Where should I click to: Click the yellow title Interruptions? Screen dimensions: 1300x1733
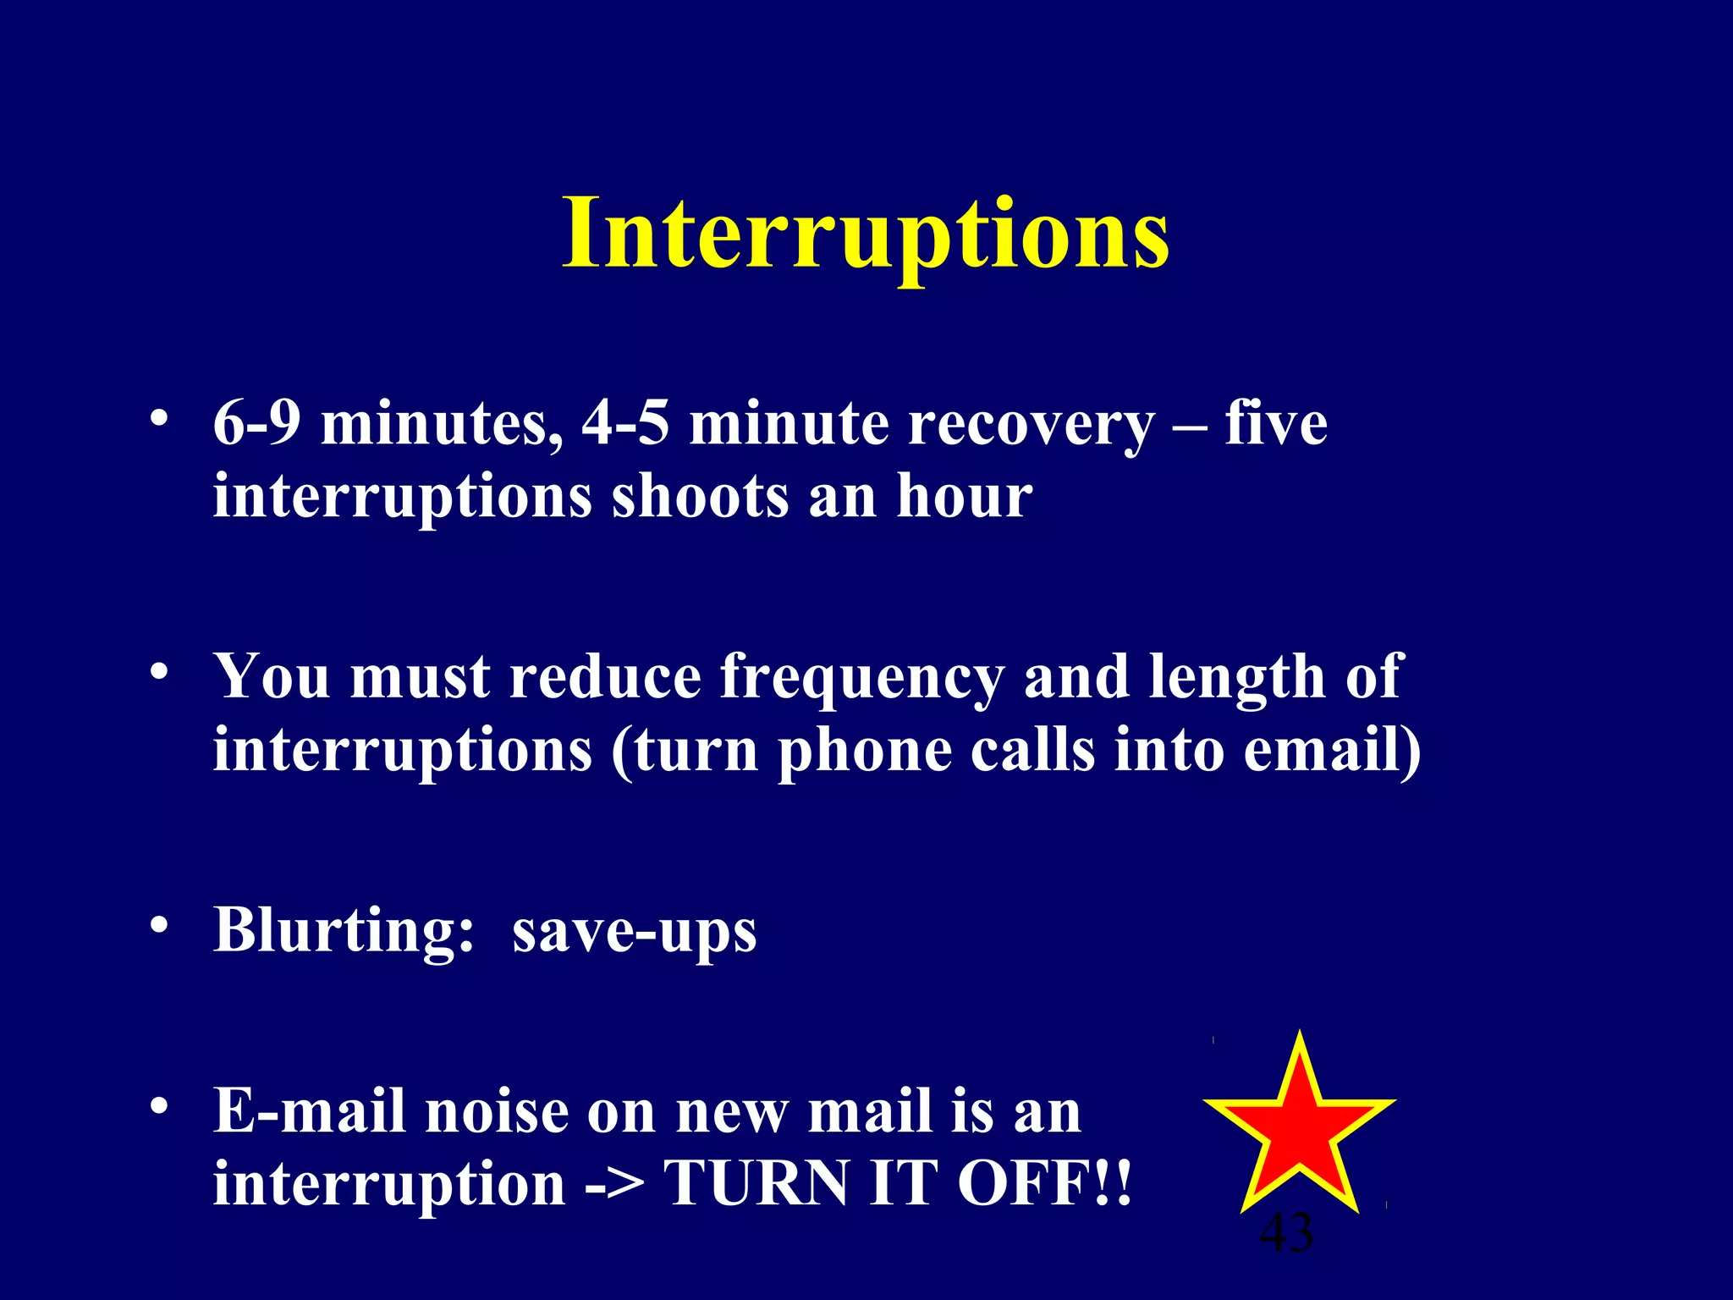coord(866,234)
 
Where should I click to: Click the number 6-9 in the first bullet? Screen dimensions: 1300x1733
coord(256,422)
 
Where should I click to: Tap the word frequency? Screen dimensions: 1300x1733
coord(861,680)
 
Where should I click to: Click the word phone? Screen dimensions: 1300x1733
coord(864,752)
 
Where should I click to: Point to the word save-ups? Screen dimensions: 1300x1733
coord(634,934)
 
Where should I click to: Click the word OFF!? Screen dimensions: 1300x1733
coord(1044,1182)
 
